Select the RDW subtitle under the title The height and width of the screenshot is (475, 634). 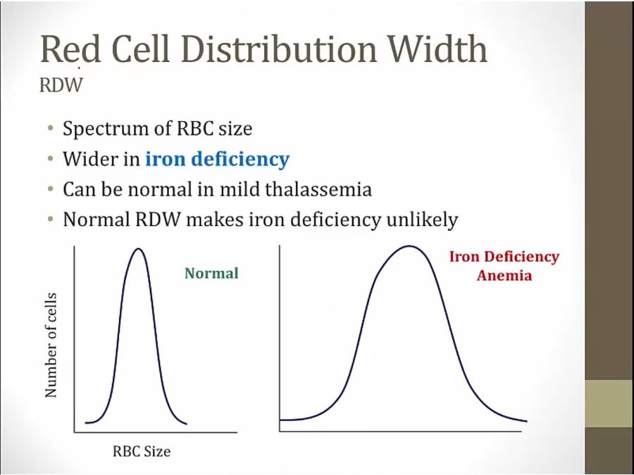click(x=61, y=86)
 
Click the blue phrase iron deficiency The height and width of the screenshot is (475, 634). click(x=217, y=159)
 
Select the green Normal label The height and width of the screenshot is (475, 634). click(x=211, y=273)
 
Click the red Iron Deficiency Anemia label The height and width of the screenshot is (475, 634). click(x=504, y=266)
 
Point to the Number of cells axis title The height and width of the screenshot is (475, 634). click(x=51, y=345)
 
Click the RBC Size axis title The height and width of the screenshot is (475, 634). click(x=142, y=451)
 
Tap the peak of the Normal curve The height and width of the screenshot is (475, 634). click(x=139, y=249)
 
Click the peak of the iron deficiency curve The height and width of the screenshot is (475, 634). click(x=408, y=246)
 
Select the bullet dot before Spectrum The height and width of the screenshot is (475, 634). click(x=51, y=129)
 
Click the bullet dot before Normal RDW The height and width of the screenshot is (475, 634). click(x=51, y=220)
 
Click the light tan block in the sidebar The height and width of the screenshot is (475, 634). click(x=609, y=403)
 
